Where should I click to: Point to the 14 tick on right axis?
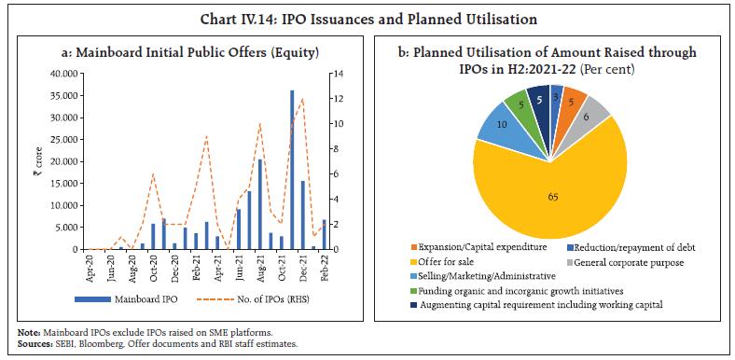point(338,74)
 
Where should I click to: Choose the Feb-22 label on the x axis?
point(324,270)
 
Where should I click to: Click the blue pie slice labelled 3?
point(555,98)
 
